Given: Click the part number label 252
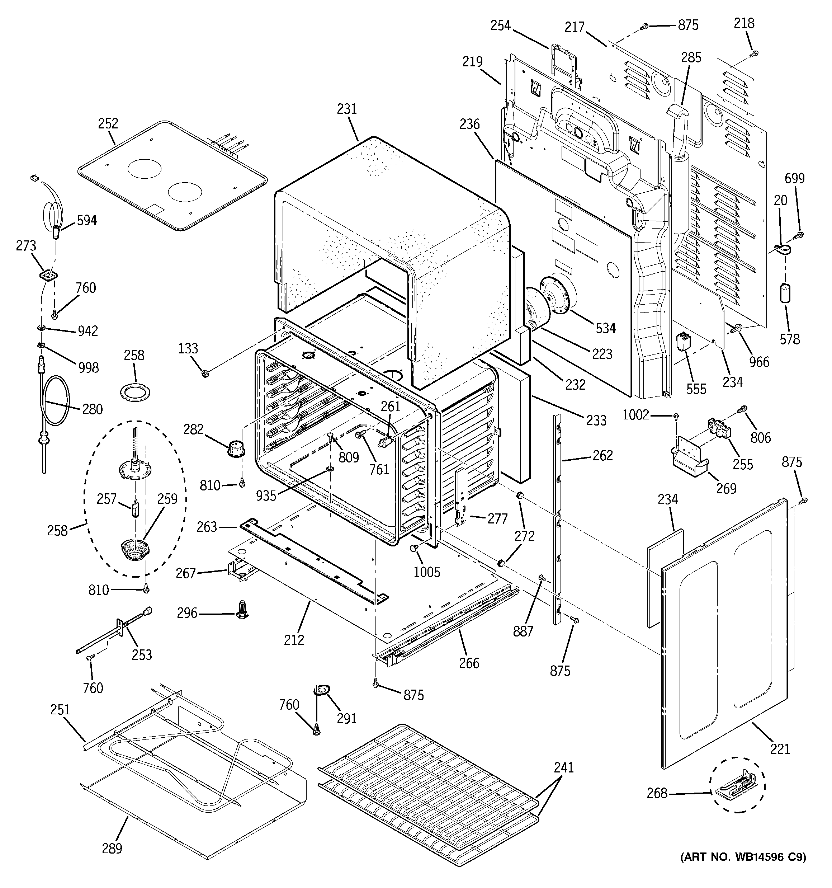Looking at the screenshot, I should [108, 123].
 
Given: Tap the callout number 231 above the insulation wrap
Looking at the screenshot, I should [347, 109].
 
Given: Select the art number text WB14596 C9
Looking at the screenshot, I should [743, 869].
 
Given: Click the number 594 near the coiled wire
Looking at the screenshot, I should [87, 220].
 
